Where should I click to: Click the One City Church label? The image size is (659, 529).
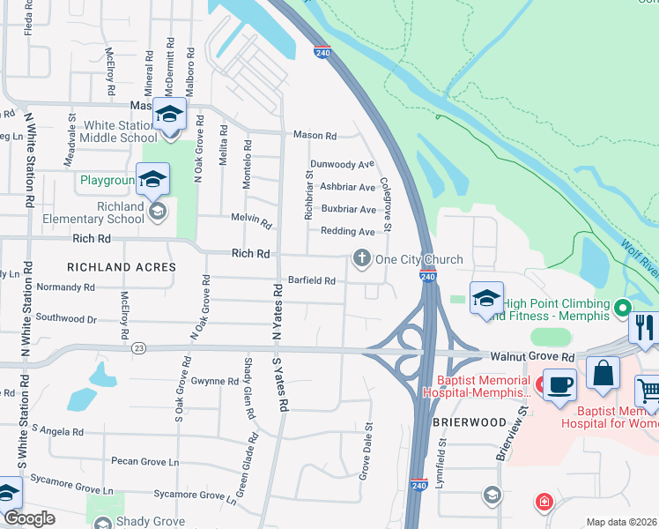[x=418, y=259]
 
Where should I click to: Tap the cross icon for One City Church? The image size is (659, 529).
[x=361, y=258]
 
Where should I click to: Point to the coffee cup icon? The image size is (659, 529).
[x=559, y=384]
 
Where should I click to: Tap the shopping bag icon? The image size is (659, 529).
[x=604, y=371]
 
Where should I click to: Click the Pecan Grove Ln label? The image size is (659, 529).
[x=144, y=461]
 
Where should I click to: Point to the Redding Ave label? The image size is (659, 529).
[x=348, y=231]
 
